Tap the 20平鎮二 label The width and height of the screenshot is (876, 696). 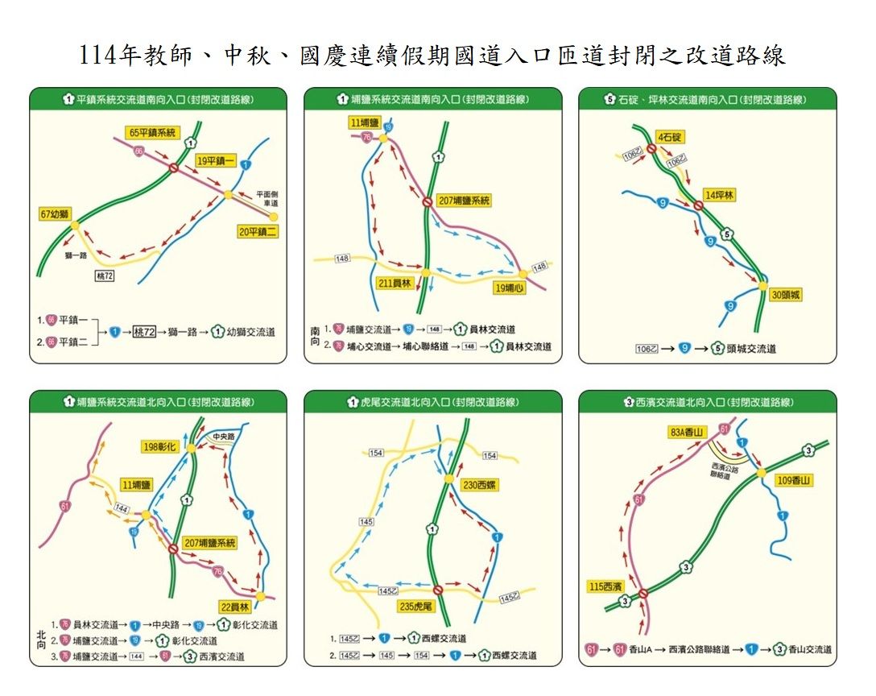click(x=258, y=231)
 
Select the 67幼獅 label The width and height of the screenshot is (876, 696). click(x=55, y=214)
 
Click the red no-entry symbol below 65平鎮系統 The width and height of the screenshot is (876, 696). click(x=174, y=168)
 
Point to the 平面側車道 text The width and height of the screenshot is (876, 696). click(x=267, y=199)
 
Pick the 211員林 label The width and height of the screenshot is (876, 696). click(x=395, y=284)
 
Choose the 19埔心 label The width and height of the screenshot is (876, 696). click(x=509, y=288)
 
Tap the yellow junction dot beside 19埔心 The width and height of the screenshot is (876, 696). click(x=522, y=274)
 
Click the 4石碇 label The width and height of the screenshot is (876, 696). click(x=670, y=137)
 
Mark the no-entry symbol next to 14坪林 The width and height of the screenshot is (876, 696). click(x=697, y=206)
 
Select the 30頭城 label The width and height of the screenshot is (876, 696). click(x=786, y=295)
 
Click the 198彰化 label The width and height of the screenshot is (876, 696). click(x=161, y=447)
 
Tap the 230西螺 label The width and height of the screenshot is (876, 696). click(x=481, y=485)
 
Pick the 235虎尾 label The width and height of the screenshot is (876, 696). click(x=416, y=606)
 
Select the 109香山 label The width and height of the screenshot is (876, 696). click(x=794, y=481)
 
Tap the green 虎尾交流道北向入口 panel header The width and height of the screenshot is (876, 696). click(x=432, y=401)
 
